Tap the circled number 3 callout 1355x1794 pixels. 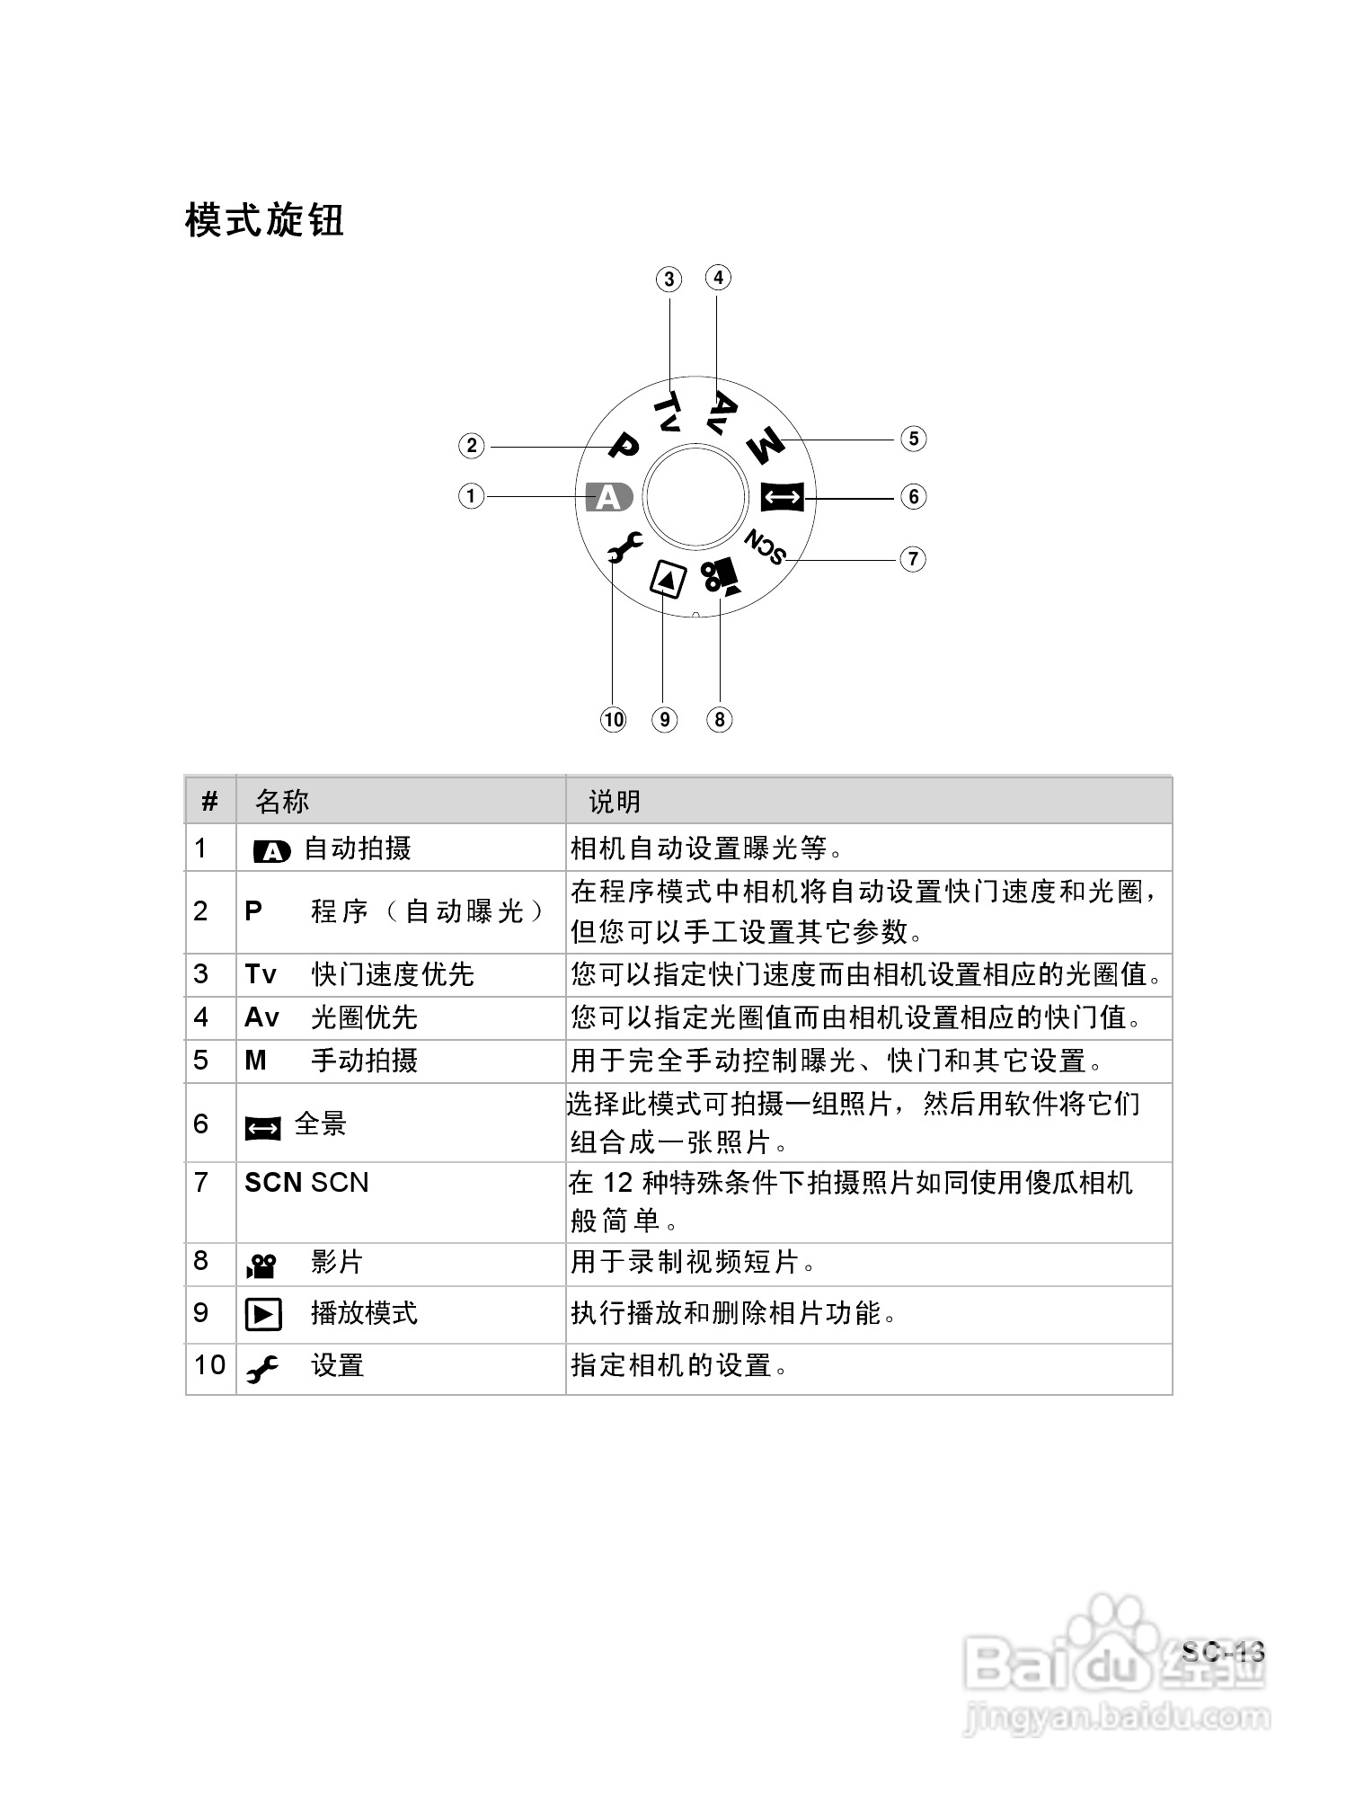click(669, 280)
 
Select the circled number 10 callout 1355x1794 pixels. click(613, 720)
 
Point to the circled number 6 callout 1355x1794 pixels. click(913, 496)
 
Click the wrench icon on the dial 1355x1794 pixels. click(623, 546)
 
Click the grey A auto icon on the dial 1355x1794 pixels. click(608, 496)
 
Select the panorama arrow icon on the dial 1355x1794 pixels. click(783, 496)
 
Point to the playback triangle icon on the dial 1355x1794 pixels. click(668, 580)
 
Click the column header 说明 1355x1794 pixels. click(615, 802)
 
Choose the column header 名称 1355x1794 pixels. click(282, 802)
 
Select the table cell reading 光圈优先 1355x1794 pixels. click(364, 1017)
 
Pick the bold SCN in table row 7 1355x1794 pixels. click(272, 1183)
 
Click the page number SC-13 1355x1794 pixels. click(1223, 1652)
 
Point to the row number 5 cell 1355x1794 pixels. click(201, 1061)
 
